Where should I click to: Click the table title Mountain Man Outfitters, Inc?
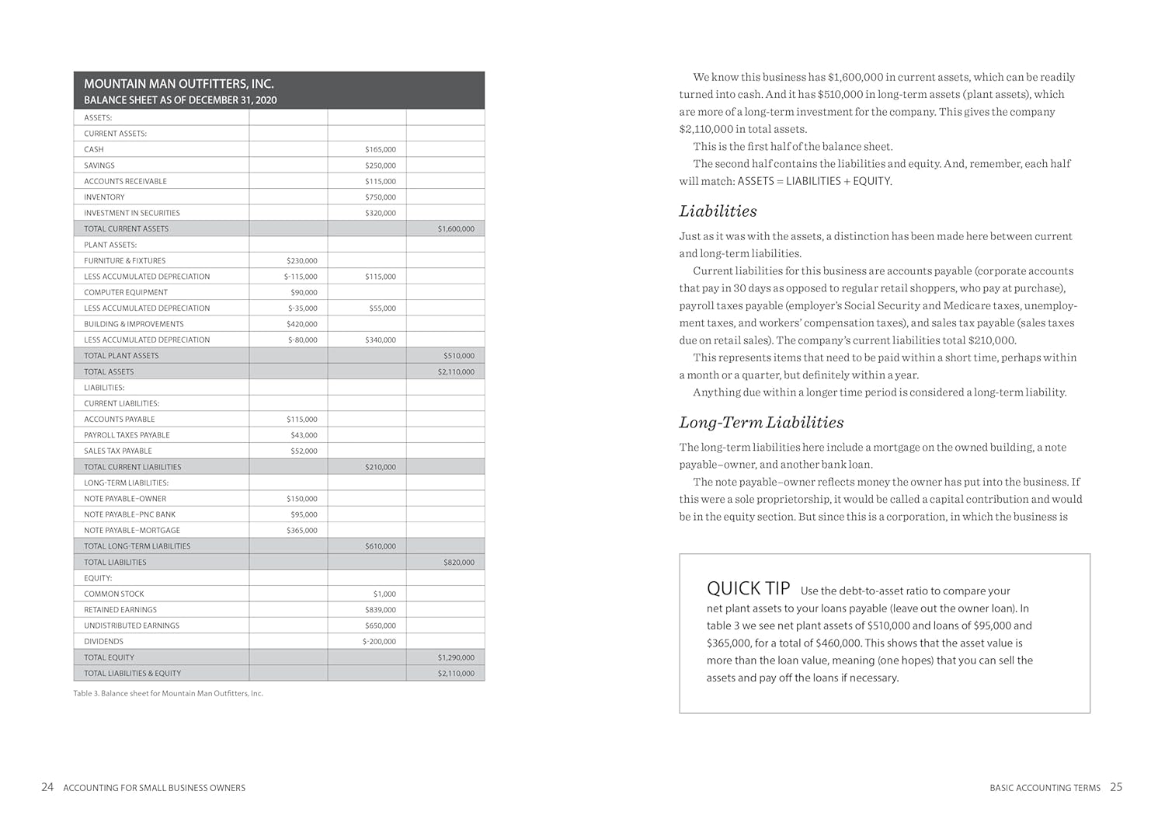point(179,84)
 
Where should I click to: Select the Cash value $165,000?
point(380,149)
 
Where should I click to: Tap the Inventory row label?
point(104,197)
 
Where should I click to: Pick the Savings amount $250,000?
point(380,166)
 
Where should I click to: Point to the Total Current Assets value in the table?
point(456,229)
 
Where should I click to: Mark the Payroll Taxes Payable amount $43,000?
point(304,435)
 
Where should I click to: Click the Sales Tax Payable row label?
point(118,451)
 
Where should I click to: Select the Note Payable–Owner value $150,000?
point(301,499)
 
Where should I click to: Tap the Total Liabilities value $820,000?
point(458,563)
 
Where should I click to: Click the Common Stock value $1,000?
point(384,594)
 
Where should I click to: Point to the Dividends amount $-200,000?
point(379,642)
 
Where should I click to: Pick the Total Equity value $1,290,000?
point(456,658)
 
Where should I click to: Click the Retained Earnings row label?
point(120,610)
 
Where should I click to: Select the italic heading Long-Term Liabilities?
point(761,423)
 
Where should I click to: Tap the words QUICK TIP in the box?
point(748,588)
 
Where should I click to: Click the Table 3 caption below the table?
point(168,693)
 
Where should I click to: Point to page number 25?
point(1116,787)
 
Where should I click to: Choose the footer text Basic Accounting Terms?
point(1045,788)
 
